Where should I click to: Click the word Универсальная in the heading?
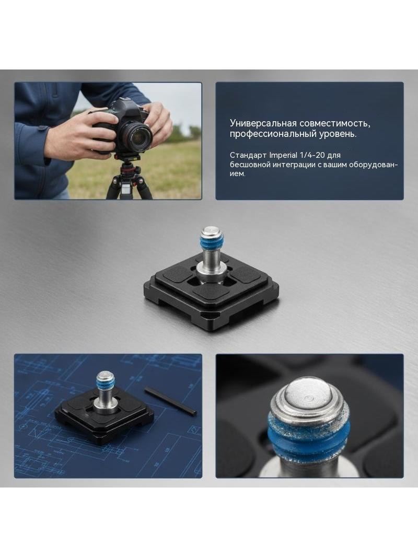[263, 123]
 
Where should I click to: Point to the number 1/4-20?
[312, 155]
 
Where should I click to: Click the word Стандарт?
[248, 155]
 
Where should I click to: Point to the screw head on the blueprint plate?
[105, 377]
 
